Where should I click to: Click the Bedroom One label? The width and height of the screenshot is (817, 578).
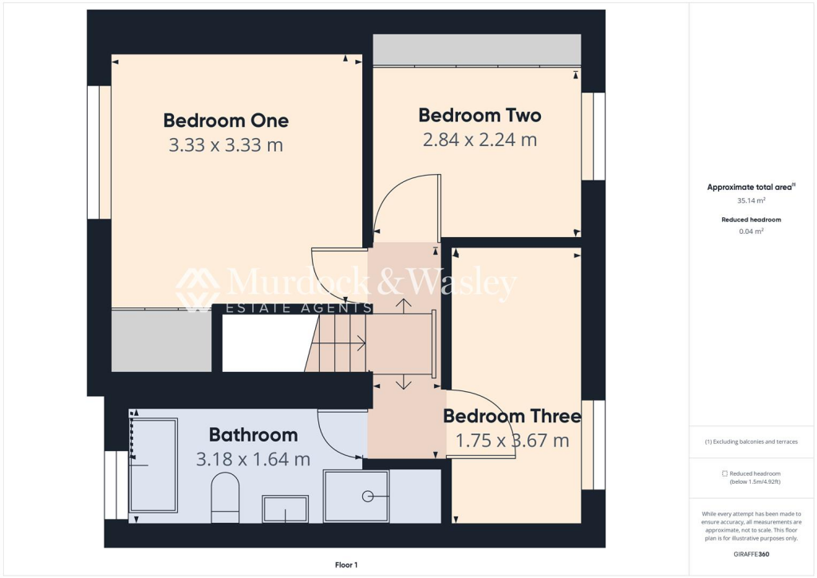226,121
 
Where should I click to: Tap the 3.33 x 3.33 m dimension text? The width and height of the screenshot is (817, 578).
226,145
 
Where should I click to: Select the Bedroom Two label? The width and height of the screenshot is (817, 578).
480,116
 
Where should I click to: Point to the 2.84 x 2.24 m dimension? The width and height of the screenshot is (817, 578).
480,140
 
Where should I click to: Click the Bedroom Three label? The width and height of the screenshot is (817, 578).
512,416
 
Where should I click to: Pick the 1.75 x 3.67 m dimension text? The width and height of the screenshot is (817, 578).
512,440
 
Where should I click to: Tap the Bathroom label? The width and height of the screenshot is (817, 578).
253,435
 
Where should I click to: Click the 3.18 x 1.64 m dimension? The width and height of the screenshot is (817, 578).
253,459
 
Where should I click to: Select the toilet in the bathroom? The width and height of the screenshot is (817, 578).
226,497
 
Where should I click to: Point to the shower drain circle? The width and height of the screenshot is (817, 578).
369,496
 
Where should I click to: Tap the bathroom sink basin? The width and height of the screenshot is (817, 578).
285,509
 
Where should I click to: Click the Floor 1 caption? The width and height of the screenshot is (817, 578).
345,565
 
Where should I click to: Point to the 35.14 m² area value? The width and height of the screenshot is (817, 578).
751,201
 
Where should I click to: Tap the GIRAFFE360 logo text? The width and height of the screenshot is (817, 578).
751,553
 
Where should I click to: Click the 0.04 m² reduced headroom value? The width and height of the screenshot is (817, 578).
751,231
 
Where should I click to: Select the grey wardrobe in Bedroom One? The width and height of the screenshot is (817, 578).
161,341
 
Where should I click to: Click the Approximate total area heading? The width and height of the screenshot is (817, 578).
751,187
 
